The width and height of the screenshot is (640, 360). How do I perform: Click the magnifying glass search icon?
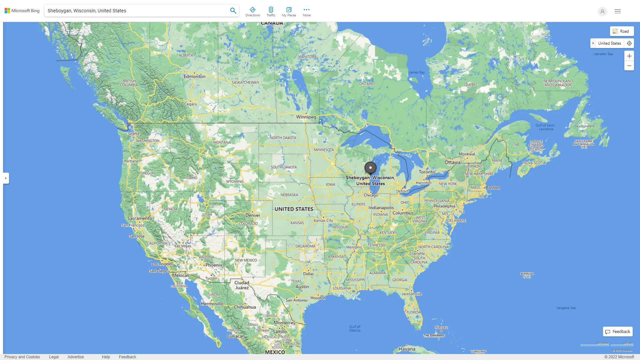tap(233, 11)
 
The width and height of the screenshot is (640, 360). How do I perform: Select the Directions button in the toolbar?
tap(252, 12)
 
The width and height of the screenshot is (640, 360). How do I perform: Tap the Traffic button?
tap(271, 12)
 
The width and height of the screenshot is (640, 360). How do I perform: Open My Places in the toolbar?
tap(289, 12)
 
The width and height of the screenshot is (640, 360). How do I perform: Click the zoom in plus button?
tap(629, 56)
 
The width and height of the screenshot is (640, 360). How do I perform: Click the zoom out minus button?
tap(629, 66)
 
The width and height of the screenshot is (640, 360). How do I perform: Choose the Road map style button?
tap(622, 31)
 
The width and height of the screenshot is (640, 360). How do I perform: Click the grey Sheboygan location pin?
tap(370, 168)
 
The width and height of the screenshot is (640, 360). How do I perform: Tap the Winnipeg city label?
tap(306, 117)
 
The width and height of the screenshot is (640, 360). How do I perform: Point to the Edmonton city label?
tap(194, 76)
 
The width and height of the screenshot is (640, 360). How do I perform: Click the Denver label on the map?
tap(253, 215)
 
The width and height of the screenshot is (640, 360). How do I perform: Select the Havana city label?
tap(407, 349)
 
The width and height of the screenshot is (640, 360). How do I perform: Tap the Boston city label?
tap(493, 188)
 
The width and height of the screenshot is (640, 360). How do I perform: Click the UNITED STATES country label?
tap(294, 209)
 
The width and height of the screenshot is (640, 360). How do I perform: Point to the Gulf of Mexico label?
tap(355, 328)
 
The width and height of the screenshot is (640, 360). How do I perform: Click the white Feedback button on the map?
tap(618, 332)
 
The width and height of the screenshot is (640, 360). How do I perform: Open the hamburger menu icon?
tap(618, 11)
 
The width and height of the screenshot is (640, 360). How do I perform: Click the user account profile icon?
tap(602, 11)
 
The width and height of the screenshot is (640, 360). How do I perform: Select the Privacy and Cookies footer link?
tap(22, 357)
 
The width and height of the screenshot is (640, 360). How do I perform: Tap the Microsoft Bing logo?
tap(22, 11)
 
